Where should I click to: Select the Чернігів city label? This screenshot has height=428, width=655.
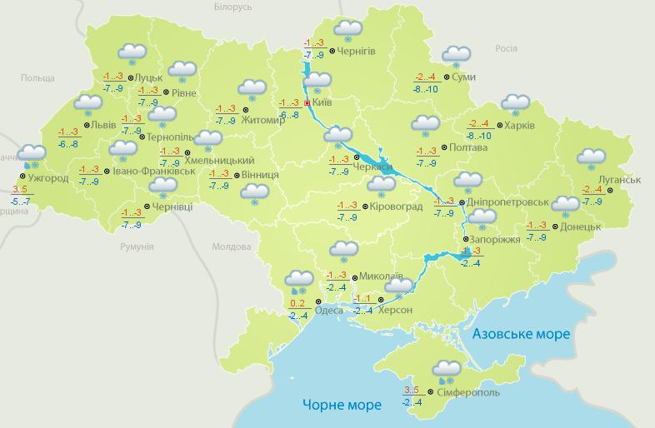point(357,51)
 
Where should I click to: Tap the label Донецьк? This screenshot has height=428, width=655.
point(581,226)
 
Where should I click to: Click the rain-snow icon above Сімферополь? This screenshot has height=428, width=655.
point(447,370)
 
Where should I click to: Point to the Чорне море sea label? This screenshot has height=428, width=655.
point(342,405)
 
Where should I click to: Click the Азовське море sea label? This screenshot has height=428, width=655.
point(521,334)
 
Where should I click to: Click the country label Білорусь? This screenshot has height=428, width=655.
point(232,7)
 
